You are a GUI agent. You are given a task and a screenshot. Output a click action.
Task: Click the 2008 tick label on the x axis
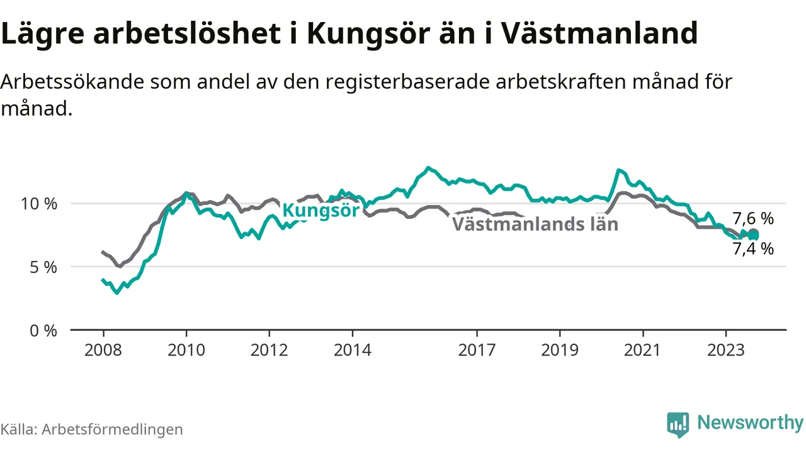point(103,350)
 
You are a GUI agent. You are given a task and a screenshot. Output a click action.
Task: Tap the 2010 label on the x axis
point(186,350)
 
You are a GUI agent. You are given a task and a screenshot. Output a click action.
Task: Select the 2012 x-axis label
point(269,350)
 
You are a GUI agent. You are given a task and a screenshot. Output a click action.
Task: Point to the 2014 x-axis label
point(352,350)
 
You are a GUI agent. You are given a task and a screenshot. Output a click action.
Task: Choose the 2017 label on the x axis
point(477,350)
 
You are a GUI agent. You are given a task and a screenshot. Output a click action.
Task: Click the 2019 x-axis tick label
point(560,350)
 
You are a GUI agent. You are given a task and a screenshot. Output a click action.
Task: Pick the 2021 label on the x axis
point(643,350)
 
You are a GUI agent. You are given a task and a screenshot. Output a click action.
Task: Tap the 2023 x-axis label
point(726,350)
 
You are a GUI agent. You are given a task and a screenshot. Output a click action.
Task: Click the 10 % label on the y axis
point(39,204)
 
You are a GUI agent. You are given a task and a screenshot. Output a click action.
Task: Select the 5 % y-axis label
point(43,267)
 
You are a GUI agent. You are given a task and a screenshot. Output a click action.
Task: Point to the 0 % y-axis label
point(43,330)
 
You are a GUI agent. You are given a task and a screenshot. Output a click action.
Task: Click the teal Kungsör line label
point(321,210)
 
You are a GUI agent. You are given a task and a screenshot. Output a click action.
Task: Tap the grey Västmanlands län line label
point(535,224)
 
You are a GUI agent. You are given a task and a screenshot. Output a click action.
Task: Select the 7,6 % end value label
point(753,218)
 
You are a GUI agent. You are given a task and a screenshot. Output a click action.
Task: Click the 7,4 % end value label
point(753,249)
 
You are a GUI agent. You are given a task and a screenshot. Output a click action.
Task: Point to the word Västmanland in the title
point(599,33)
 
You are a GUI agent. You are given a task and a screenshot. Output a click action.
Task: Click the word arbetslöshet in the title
point(187,33)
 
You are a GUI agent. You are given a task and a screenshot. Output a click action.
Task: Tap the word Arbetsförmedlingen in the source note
point(112,429)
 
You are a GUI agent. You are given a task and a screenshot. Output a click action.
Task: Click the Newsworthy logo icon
point(678,424)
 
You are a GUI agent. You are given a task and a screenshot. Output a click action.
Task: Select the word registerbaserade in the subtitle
point(408,82)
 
